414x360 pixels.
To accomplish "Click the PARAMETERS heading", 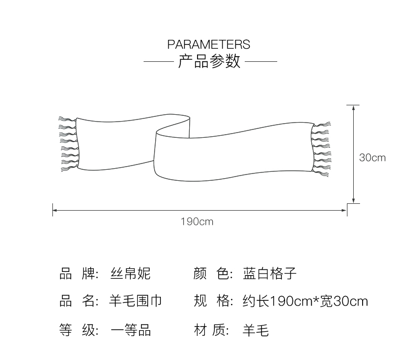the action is click(x=209, y=44).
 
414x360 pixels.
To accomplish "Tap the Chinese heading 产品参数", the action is click(x=209, y=62).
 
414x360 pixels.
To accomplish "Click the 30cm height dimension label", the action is click(x=372, y=157).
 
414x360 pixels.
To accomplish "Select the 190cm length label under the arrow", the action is click(x=197, y=222).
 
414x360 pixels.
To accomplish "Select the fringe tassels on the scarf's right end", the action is click(x=322, y=149).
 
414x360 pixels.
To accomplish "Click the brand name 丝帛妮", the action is click(x=130, y=274).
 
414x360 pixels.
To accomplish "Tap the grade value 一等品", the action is click(x=130, y=330).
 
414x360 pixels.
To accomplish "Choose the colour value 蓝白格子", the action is click(x=270, y=274).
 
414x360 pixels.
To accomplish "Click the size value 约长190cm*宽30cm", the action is click(x=306, y=301).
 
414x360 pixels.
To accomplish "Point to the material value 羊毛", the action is click(x=256, y=330).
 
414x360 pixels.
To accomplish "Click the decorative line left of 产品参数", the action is click(x=158, y=62).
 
